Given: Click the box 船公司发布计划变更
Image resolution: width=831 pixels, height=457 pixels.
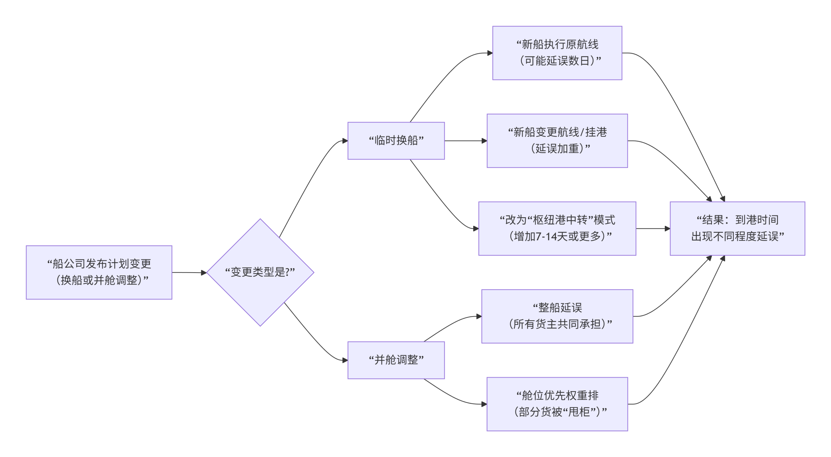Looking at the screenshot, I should point(99,272).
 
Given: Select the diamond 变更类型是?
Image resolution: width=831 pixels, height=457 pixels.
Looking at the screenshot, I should point(260,272).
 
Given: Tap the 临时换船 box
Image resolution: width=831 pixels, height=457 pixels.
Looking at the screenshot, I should point(396,141).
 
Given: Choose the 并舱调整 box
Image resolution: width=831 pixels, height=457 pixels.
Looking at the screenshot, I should point(396,360).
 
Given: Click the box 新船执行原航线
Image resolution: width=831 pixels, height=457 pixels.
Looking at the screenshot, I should point(557,53).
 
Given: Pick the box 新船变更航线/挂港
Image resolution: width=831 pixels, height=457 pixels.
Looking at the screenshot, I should point(557,141).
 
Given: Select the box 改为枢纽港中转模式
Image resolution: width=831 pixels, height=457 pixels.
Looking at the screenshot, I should point(557,228).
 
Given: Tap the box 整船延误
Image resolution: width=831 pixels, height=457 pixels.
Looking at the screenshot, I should point(557,316).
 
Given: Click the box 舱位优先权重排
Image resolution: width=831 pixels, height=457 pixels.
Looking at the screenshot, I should point(557,404).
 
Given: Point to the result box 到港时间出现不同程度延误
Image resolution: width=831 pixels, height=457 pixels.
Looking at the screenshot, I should point(737,228).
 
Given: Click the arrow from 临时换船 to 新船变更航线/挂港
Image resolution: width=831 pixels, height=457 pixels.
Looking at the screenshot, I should point(465,141).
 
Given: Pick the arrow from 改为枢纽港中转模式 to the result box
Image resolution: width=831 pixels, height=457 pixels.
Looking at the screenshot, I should point(652,228).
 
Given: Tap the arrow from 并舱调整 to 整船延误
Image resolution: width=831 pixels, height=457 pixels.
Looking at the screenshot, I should point(451,325).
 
